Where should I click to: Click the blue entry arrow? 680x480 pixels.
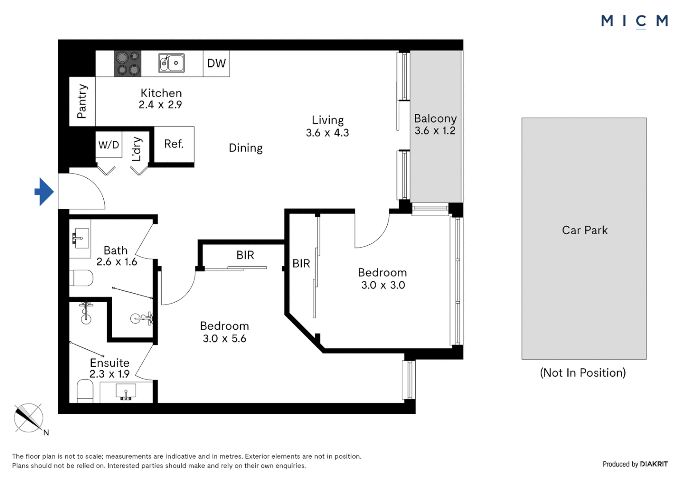tap(45, 192)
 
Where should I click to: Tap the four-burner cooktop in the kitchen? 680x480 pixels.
tap(128, 64)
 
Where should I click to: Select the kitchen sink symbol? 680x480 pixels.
tap(171, 63)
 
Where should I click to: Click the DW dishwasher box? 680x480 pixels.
tap(216, 64)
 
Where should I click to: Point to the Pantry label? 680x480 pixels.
tap(82, 101)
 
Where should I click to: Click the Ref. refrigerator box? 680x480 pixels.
tap(174, 144)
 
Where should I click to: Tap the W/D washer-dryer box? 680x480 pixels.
tap(109, 144)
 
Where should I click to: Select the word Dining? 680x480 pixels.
tap(246, 148)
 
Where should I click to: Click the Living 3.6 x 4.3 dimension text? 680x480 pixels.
tap(327, 133)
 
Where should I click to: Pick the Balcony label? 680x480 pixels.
tap(435, 119)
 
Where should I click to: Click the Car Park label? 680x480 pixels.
tap(585, 230)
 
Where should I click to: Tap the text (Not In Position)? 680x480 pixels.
tap(583, 372)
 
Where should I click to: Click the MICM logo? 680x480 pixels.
tap(635, 21)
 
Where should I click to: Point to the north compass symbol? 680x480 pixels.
tap(29, 418)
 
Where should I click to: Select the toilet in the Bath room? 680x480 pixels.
tap(81, 278)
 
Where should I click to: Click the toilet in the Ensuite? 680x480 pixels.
tap(85, 392)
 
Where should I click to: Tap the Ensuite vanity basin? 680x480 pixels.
tap(126, 392)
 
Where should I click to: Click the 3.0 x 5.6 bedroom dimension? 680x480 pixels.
tap(224, 338)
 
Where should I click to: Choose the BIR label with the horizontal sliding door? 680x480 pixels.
tap(245, 255)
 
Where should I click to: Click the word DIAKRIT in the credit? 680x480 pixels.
tap(654, 464)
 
